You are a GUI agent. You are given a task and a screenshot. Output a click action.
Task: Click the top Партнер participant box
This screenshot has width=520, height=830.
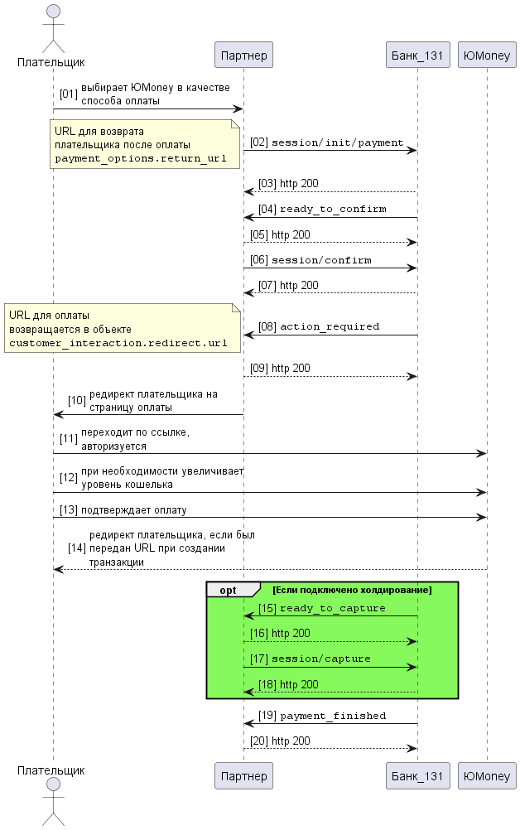coord(243,55)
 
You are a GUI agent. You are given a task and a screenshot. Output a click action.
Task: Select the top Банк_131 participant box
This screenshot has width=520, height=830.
coord(417,55)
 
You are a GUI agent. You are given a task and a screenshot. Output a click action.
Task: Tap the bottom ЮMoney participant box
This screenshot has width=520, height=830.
coord(487,776)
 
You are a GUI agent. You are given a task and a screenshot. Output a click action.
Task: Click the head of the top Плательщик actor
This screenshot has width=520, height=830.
coord(53,12)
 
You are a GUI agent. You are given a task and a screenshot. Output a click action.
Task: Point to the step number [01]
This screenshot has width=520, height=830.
coord(68,94)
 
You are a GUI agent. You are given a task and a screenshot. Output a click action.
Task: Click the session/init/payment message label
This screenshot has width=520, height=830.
coord(337,143)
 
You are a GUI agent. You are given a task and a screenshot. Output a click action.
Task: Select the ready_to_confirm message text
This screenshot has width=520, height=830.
coord(333,209)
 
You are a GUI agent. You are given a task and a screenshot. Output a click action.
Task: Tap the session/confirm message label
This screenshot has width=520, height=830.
coord(321,260)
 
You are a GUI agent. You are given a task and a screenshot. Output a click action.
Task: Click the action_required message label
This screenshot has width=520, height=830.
coord(329,326)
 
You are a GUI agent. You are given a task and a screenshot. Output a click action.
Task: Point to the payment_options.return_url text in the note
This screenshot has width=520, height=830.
coord(140,158)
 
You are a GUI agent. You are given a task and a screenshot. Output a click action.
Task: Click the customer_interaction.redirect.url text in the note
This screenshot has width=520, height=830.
coord(118,343)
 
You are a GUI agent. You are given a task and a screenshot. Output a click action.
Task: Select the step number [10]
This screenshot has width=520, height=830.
coord(77,401)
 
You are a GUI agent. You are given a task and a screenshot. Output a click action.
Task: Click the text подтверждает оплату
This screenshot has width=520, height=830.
coord(133,510)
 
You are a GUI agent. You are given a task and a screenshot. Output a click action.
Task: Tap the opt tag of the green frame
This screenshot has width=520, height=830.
coord(228,591)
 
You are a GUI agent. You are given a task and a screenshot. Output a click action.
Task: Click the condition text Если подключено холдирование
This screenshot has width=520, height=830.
coord(352,590)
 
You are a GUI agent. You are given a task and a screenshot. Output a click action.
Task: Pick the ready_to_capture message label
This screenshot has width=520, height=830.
coord(332,609)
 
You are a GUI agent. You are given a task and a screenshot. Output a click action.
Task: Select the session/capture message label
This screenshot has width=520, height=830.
coord(320,659)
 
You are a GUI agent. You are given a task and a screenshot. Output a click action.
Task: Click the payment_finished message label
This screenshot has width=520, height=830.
coord(333,716)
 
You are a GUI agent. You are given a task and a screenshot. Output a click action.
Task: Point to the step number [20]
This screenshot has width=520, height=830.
coord(258,741)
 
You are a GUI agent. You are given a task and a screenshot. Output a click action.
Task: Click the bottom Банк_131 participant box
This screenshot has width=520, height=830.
coord(417,776)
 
